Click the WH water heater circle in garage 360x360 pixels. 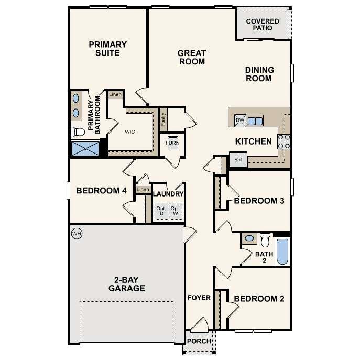[77, 233]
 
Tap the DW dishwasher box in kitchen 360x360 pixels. [240, 121]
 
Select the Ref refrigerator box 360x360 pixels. [237, 160]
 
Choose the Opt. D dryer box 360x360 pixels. [161, 211]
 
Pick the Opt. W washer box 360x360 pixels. [176, 211]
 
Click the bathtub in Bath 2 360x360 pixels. [282, 252]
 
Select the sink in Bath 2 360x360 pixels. [249, 238]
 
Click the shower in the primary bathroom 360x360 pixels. [85, 148]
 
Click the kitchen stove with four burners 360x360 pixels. [283, 141]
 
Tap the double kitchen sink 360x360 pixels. [255, 121]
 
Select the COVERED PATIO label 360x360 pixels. [263, 25]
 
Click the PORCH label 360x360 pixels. [199, 341]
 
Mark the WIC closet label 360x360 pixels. [130, 132]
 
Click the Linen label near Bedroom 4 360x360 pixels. [142, 189]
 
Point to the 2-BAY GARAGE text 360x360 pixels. [126, 283]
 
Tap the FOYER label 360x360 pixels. [199, 298]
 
